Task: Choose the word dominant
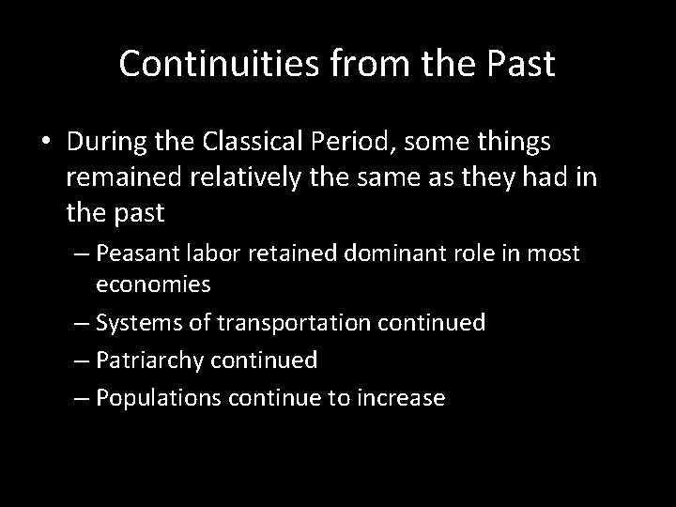tap(356, 253)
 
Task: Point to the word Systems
tap(133, 323)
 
